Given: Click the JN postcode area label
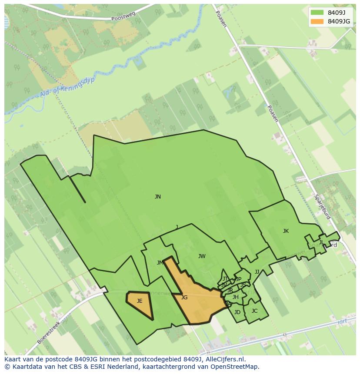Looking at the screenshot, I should point(158,197).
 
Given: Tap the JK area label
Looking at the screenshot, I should point(286,231).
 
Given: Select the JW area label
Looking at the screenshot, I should point(202,256).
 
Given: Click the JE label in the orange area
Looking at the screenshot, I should point(140,301).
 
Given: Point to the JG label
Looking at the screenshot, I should point(184,298).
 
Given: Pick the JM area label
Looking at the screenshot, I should point(160,263).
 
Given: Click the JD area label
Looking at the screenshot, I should point(237,312).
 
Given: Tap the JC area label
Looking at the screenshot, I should point(254,311).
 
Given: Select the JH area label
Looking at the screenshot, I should point(235,297).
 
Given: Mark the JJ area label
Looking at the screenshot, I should point(257,272).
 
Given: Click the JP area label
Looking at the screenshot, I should point(238,279).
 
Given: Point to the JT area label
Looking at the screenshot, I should point(225,279).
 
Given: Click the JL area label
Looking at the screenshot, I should point(321,242).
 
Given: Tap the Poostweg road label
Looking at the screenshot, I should point(123,17).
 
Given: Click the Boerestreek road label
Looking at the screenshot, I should point(50,331).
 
